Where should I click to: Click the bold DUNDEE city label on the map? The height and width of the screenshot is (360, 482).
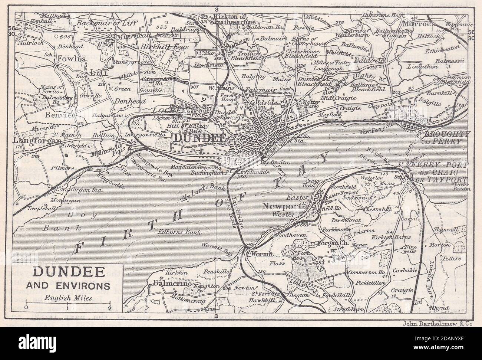pyautogui.click(x=199, y=138)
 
